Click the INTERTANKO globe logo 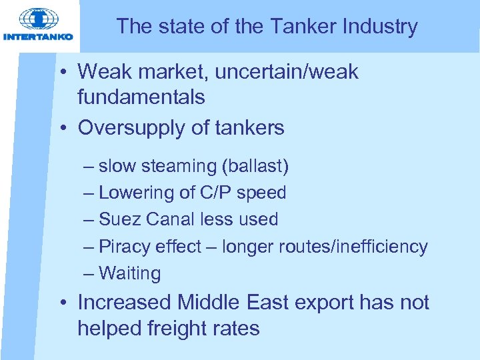coord(37,19)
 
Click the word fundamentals coord(141,97)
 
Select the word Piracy coord(124,247)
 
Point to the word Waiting coord(129,273)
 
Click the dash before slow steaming coord(89,166)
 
